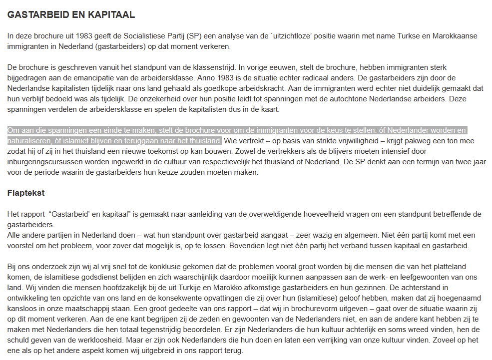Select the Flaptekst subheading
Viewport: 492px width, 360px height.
click(x=25, y=193)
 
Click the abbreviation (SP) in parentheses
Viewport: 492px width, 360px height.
click(x=195, y=36)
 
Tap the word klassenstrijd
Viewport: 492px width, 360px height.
click(x=210, y=67)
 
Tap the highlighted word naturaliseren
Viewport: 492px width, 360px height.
click(x=28, y=140)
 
